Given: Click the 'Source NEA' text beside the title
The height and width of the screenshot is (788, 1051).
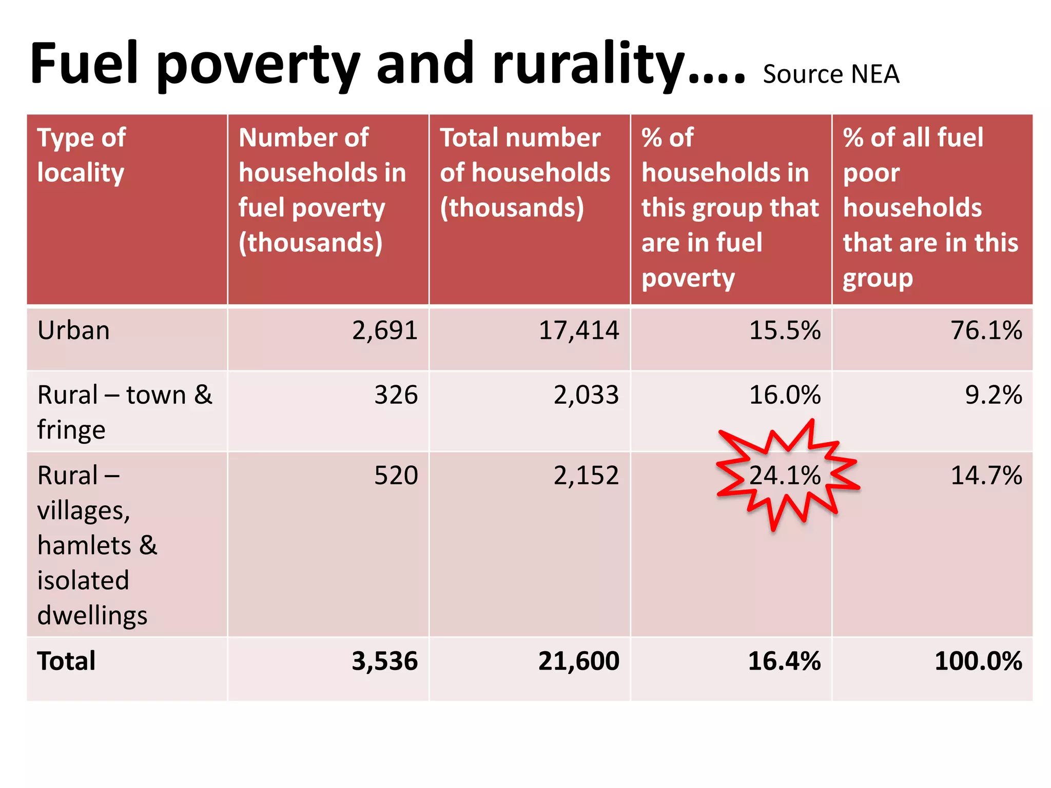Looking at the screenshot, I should (x=831, y=74).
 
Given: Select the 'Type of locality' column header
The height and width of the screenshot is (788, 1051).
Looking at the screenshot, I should (x=81, y=155).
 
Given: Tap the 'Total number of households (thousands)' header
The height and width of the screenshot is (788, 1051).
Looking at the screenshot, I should (x=524, y=172).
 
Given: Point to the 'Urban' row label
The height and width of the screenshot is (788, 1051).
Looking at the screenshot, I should (x=73, y=330).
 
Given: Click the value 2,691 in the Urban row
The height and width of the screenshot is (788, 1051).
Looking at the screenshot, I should (x=385, y=330).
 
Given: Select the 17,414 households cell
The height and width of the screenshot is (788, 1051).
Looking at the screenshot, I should (x=579, y=330).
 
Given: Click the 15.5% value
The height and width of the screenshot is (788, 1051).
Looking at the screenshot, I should (x=785, y=330).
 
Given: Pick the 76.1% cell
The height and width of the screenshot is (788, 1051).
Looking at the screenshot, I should (x=986, y=330).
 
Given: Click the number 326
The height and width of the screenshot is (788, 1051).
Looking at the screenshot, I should (x=396, y=395).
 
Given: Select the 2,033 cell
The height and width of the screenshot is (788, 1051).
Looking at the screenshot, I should (x=586, y=395).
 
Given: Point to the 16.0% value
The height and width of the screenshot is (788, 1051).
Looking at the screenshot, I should (x=785, y=395).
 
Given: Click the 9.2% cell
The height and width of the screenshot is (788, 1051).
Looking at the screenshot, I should (x=993, y=395).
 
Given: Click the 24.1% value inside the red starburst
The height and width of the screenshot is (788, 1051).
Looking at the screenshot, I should (x=785, y=476).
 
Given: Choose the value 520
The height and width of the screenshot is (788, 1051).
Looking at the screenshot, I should (x=396, y=476).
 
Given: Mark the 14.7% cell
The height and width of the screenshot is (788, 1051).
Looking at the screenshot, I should (x=986, y=476).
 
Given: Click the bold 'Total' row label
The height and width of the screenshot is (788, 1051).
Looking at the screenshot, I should (x=66, y=661).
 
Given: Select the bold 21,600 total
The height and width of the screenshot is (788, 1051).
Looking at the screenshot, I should (x=579, y=661).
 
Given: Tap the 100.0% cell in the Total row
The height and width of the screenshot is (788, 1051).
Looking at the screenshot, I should (x=978, y=661).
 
